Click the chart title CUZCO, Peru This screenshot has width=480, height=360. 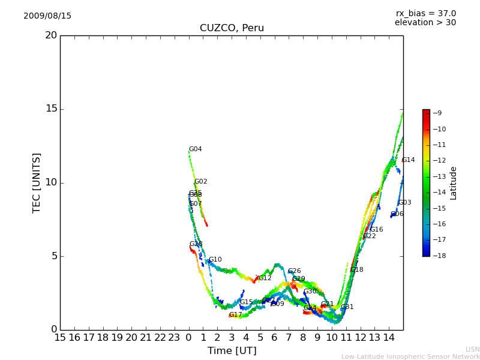(x=232, y=28)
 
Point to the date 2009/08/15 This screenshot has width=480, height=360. (x=47, y=16)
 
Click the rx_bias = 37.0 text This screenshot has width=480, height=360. (x=425, y=13)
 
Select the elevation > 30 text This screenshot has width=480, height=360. (x=425, y=23)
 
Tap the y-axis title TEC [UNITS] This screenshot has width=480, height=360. (x=37, y=182)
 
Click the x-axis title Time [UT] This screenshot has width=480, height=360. (x=232, y=350)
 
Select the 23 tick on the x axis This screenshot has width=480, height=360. (x=174, y=337)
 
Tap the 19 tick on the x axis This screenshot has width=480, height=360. (x=117, y=337)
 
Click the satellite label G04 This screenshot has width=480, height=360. (x=196, y=149)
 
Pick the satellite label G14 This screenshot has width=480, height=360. (x=408, y=160)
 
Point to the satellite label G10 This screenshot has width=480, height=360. (x=215, y=260)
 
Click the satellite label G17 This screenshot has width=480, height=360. (x=235, y=315)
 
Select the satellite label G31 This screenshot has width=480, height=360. (x=347, y=307)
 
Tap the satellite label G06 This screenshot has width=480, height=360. (x=397, y=214)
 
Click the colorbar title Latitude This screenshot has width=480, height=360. (x=453, y=182)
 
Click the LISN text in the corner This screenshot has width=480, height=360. (x=472, y=349)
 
